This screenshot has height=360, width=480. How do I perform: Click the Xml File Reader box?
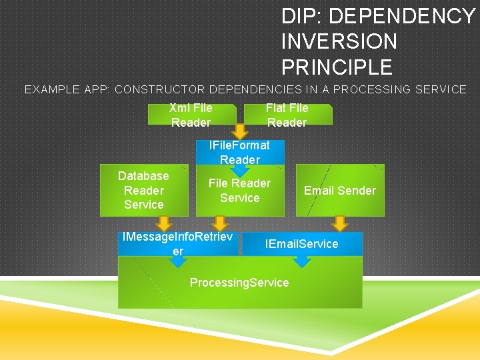pyautogui.click(x=191, y=115)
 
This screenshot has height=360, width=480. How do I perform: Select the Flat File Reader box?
pyautogui.click(x=287, y=115)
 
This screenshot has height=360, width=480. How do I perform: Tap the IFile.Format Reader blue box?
pyautogui.click(x=239, y=152)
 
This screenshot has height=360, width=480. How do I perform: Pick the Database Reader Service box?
pyautogui.click(x=143, y=190)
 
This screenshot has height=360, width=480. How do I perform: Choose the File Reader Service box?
pyautogui.click(x=239, y=190)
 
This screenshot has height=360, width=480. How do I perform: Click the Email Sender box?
pyautogui.click(x=340, y=190)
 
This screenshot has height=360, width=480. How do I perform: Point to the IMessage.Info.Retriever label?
pyautogui.click(x=177, y=243)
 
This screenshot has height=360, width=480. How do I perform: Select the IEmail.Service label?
pyautogui.click(x=301, y=243)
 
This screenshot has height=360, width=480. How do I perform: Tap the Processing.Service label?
pyautogui.click(x=239, y=283)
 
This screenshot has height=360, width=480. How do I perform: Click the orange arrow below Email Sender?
pyautogui.click(x=341, y=223)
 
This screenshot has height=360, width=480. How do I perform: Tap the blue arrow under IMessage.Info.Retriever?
pyautogui.click(x=177, y=261)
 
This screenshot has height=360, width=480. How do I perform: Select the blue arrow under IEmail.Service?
pyautogui.click(x=303, y=261)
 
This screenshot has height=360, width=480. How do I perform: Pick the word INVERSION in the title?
pyautogui.click(x=339, y=41)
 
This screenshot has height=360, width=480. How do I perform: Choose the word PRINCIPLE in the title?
pyautogui.click(x=337, y=67)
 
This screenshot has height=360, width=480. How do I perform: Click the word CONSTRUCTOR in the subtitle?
pyautogui.click(x=160, y=89)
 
